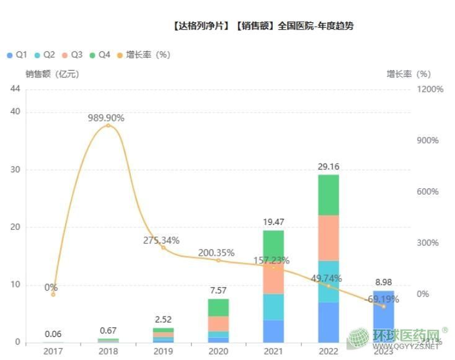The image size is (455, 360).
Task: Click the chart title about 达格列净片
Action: coord(263,26)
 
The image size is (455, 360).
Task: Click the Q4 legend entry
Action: coord(100,55)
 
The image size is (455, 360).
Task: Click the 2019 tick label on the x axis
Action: coord(163,351)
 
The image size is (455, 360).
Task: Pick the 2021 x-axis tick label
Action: coord(273,351)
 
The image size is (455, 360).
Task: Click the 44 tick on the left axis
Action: coord(15,89)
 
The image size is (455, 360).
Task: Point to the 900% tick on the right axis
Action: coord(426,141)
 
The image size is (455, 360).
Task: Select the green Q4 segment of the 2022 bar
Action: coord(329,195)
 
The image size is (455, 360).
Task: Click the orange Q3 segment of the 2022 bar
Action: coord(329,238)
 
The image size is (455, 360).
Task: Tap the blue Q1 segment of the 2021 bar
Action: coord(273,331)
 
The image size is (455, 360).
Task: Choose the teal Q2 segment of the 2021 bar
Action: coord(273,307)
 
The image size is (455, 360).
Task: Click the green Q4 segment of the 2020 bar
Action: coord(218,307)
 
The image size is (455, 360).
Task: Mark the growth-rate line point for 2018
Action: coord(108,125)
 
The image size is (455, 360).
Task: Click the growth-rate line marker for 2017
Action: coord(53,294)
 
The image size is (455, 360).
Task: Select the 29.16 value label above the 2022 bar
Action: coord(329,167)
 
